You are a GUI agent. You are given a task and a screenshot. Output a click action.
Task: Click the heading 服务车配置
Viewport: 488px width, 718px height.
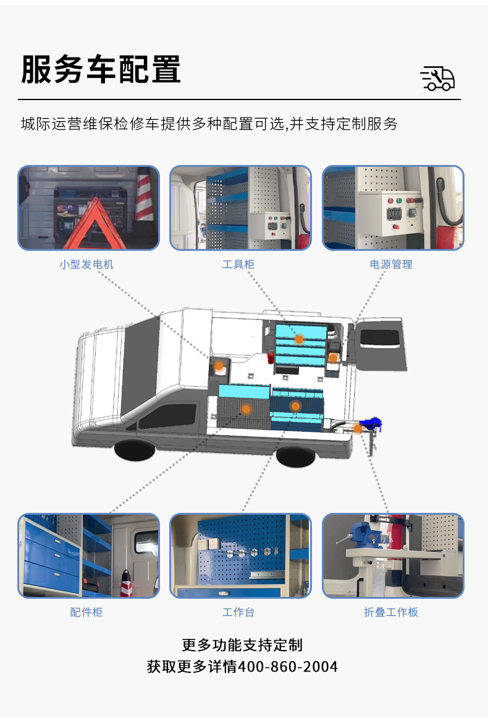pos(101,69)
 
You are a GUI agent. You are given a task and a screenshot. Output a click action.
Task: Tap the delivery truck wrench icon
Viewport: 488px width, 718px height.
pos(437,78)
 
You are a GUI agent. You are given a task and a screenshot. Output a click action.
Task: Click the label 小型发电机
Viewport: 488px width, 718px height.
pos(86,264)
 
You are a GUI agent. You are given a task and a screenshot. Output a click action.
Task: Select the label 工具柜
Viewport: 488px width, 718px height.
pos(238,264)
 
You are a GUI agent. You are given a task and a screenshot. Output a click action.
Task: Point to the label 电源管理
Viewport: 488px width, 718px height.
pos(391,264)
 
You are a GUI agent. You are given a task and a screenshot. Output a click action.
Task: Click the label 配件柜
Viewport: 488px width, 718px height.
pos(86,612)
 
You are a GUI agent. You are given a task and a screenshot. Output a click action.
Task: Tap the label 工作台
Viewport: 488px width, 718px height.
pos(238,612)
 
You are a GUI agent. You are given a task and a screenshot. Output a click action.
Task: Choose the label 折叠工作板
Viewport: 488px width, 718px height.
pos(391,612)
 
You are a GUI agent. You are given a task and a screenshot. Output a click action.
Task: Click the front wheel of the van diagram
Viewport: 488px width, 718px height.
pos(135,450)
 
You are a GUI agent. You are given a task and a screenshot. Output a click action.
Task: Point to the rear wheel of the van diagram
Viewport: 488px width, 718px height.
pos(296,457)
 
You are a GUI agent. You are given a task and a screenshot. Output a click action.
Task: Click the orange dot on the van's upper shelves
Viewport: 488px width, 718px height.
pos(299,339)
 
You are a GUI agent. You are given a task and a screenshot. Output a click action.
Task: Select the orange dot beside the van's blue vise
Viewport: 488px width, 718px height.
pos(358,429)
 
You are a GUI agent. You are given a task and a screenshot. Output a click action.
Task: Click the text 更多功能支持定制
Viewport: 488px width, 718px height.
pos(242,644)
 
